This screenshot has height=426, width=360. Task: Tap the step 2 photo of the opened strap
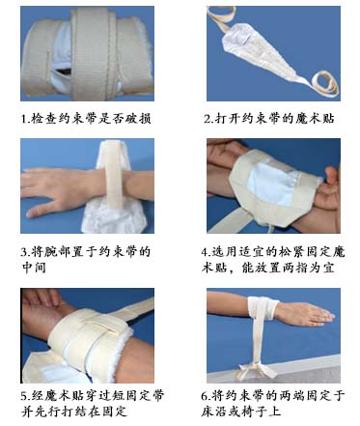(x=273, y=54)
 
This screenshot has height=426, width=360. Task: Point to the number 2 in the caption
(x=209, y=120)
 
